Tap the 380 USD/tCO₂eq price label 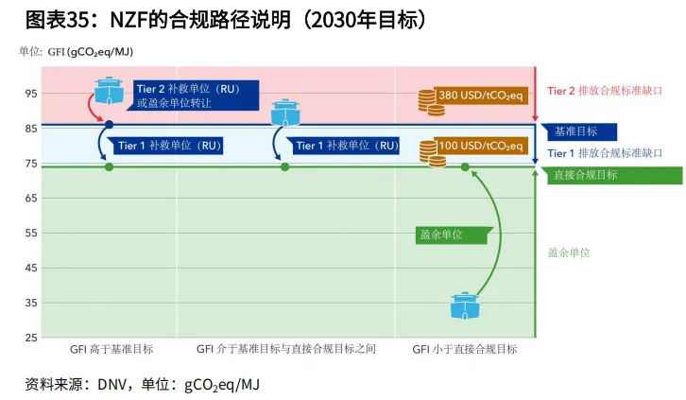coord(480,95)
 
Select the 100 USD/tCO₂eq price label coord(480,147)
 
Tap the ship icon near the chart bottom coord(465,305)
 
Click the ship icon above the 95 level coord(110,91)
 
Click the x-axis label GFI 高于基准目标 coord(111,349)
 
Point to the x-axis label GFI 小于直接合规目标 coord(465,349)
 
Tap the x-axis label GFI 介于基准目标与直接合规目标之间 coord(286,349)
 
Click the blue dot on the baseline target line coord(110,125)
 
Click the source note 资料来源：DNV coord(141,384)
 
